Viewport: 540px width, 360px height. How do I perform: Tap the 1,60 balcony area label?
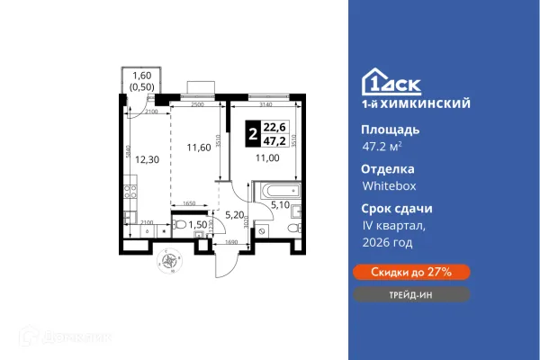click(142, 82)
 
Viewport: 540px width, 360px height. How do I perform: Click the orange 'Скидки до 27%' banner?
click(409, 271)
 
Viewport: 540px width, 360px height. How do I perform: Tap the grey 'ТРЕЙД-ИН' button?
click(409, 294)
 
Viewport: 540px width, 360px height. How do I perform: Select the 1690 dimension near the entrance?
click(231, 242)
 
